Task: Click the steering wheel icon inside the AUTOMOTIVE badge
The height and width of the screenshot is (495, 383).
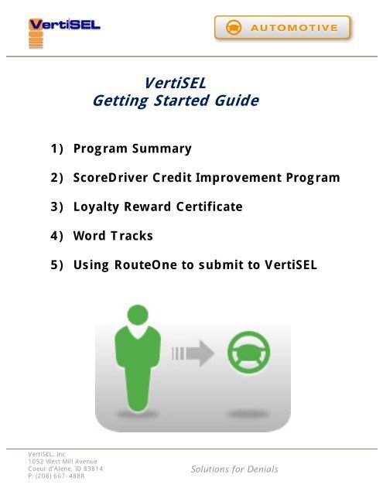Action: click(x=233, y=28)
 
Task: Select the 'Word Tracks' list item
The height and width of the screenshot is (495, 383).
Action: click(x=113, y=237)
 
